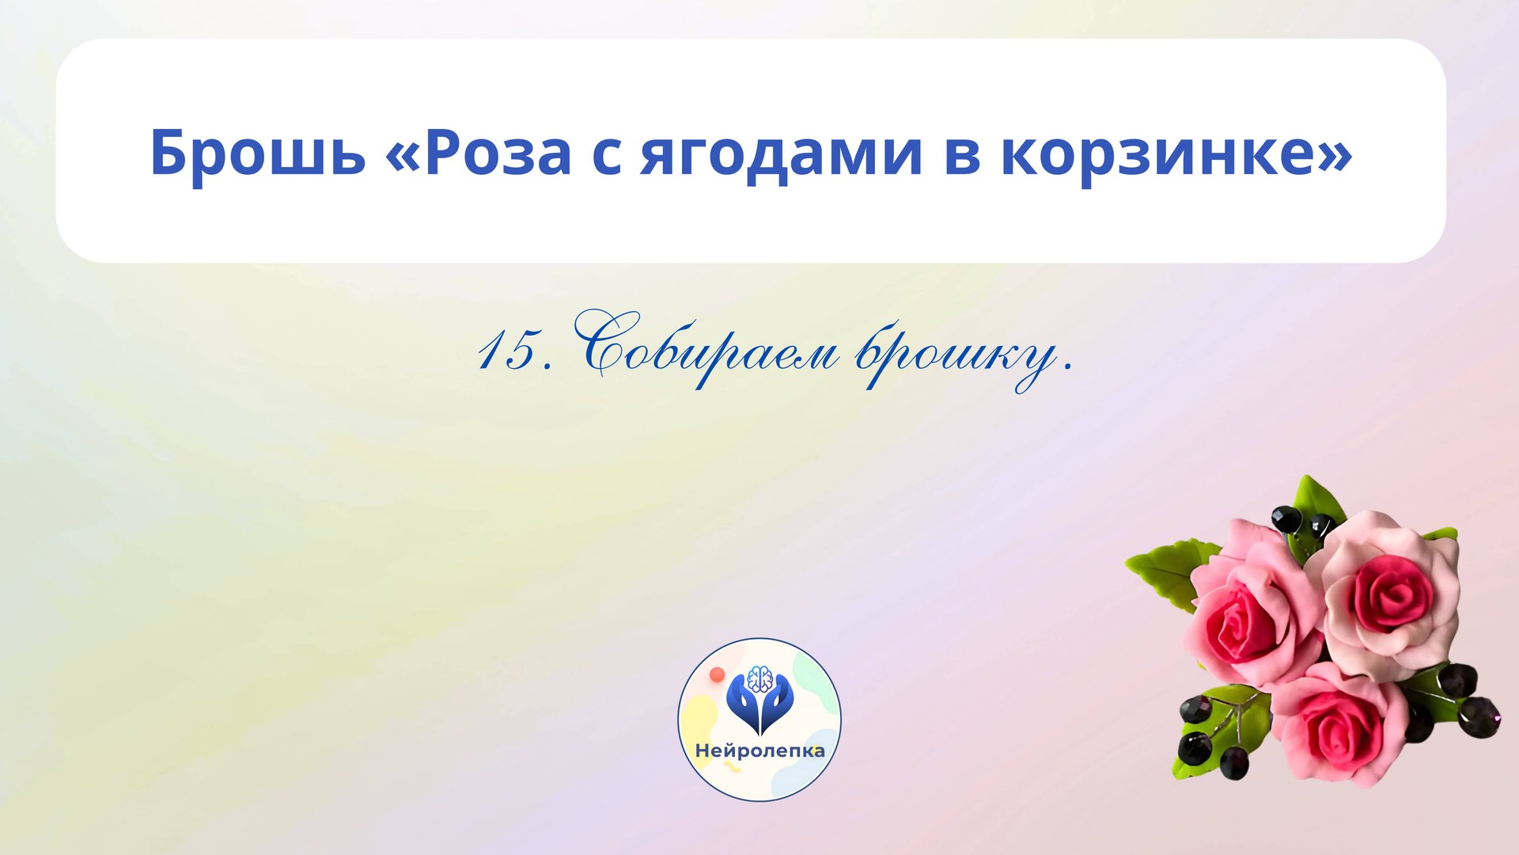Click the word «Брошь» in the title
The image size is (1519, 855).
tap(257, 152)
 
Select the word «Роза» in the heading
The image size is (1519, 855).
tap(498, 152)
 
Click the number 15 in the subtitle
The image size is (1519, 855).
tap(507, 351)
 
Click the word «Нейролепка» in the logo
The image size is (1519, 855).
tap(759, 750)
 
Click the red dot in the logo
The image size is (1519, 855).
tap(718, 674)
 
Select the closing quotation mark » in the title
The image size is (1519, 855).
tap(1335, 152)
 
